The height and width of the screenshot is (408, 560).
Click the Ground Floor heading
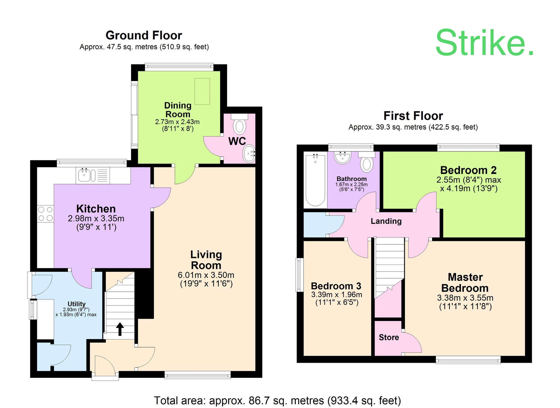pyautogui.click(x=144, y=35)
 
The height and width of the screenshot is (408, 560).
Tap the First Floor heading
pyautogui.click(x=413, y=116)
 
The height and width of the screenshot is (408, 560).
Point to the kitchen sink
pyautogui.click(x=84, y=175)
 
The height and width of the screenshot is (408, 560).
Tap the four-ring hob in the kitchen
pyautogui.click(x=45, y=214)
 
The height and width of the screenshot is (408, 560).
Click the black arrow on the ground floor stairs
pyautogui.click(x=120, y=329)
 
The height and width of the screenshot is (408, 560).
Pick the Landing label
pyautogui.click(x=386, y=221)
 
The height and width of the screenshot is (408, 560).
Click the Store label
pyautogui.click(x=388, y=337)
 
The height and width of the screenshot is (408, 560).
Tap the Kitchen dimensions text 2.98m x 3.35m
pyautogui.click(x=96, y=218)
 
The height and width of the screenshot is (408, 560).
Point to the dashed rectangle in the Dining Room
pyautogui.click(x=202, y=91)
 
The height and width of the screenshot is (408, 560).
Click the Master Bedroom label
pyautogui.click(x=465, y=283)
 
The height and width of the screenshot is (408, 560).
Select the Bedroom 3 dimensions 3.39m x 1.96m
pyautogui.click(x=336, y=294)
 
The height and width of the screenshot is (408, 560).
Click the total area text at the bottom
pyautogui.click(x=277, y=400)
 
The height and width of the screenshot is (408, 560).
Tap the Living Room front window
pyautogui.click(x=198, y=375)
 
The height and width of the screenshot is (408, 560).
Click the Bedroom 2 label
pyautogui.click(x=468, y=170)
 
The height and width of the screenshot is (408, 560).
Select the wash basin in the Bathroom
pyautogui.click(x=342, y=157)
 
